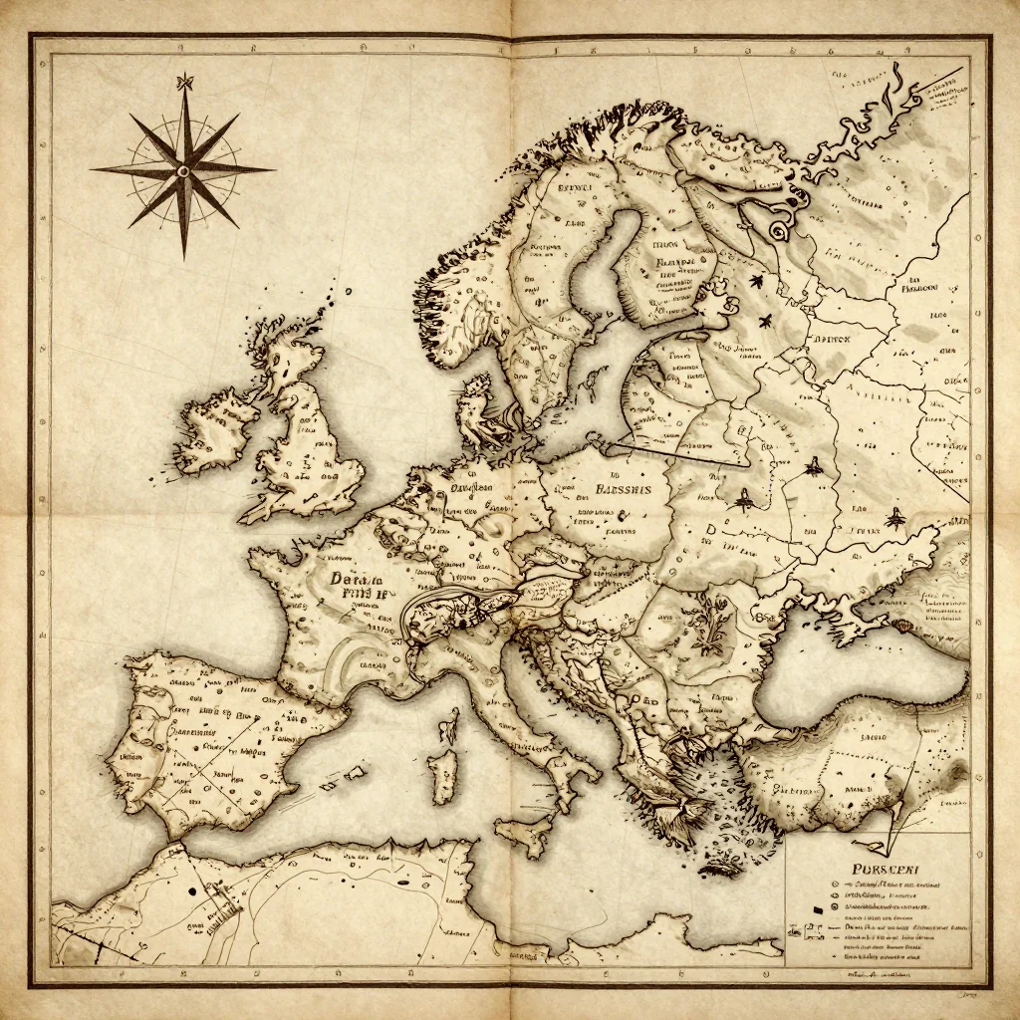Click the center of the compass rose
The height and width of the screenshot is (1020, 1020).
coord(183,170)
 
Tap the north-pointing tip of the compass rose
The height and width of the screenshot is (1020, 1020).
coord(183,76)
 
